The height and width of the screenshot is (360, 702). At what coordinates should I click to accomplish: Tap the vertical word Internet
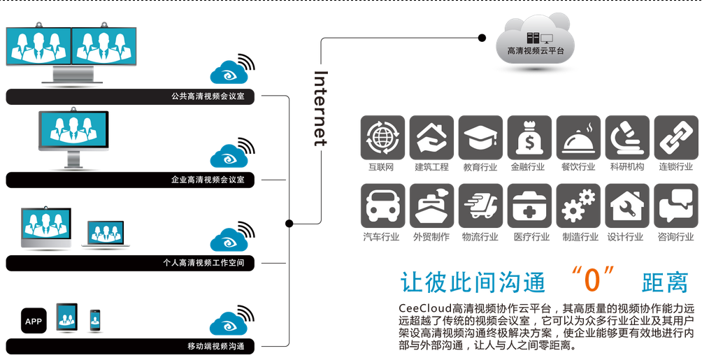320,108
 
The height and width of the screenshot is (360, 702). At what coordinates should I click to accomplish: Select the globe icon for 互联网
382,138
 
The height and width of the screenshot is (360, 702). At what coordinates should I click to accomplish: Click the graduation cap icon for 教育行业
480,138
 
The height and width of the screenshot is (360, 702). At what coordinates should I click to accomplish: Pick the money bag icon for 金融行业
529,138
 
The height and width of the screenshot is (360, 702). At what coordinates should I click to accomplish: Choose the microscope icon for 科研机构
626,138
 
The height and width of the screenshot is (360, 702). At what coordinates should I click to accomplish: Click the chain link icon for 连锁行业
675,138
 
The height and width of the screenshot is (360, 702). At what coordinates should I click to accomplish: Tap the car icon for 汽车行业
382,206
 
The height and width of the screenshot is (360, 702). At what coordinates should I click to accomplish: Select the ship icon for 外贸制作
431,206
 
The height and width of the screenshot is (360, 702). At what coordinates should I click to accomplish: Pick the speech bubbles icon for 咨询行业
675,206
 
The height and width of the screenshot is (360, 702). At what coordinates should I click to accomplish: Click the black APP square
33,321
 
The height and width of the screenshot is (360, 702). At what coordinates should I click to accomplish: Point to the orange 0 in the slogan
592,280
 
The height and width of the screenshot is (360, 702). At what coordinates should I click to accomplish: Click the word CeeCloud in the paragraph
424,308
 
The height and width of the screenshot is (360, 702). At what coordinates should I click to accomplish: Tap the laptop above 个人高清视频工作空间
105,234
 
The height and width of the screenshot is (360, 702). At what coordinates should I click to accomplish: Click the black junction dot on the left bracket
289,223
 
